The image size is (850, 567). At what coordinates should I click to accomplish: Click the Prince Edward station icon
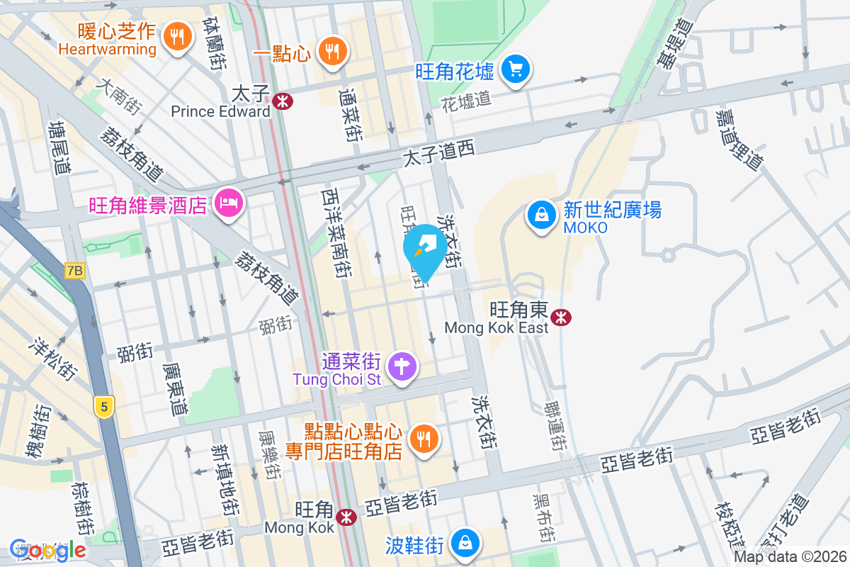[x=282, y=101]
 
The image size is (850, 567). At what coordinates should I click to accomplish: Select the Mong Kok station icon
[x=346, y=517]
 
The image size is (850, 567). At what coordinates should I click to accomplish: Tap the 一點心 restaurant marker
[x=331, y=51]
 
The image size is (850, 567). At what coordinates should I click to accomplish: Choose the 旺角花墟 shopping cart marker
[x=516, y=69]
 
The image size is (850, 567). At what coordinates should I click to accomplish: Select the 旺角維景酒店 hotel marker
[x=228, y=204]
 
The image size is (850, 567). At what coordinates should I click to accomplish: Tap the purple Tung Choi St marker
[x=403, y=367]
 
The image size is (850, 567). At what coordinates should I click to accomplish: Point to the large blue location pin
[x=425, y=252]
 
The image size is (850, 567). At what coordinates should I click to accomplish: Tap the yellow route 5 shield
[x=103, y=407]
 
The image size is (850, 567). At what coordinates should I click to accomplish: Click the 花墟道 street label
[x=466, y=100]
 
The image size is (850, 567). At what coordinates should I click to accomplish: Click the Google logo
[x=47, y=549]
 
